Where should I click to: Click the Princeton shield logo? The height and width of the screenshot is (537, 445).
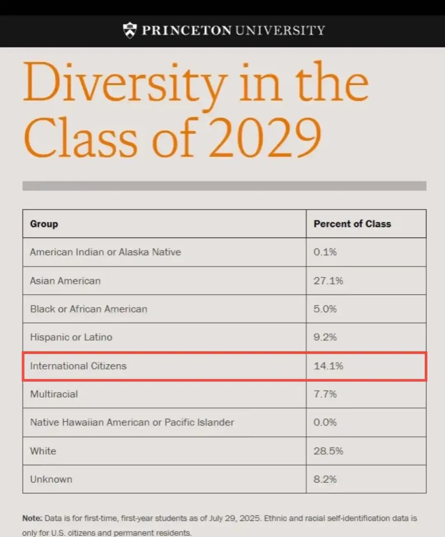[x=130, y=30]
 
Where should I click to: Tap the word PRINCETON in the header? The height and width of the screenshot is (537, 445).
[x=186, y=30]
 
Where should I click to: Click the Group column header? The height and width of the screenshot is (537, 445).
[x=44, y=224]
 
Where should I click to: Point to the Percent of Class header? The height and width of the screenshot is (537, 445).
[x=352, y=224]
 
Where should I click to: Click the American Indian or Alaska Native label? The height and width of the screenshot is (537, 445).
[x=105, y=252]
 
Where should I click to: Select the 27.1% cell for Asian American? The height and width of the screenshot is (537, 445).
[x=328, y=281]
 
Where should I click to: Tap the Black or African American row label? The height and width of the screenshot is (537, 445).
[x=89, y=309]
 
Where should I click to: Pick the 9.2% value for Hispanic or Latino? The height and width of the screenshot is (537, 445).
[x=325, y=337]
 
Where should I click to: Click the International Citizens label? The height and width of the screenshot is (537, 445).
[x=78, y=366]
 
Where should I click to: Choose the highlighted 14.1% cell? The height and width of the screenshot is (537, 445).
[x=328, y=366]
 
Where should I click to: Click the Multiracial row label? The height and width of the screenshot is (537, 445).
[x=54, y=394]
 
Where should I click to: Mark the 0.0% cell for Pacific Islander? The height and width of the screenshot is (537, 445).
[x=325, y=423]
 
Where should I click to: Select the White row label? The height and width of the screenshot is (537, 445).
[x=43, y=451]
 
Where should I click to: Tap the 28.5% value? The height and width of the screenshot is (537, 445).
[x=328, y=451]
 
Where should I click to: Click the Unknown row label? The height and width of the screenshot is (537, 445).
[x=51, y=479]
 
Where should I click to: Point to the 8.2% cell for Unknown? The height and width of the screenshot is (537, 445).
[x=325, y=479]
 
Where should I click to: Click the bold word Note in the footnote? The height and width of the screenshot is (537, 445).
[x=32, y=518]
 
